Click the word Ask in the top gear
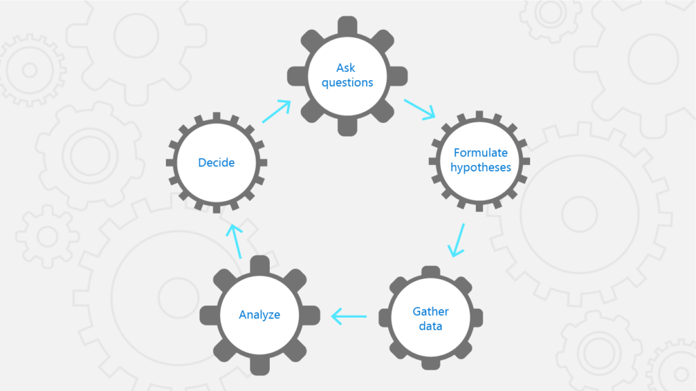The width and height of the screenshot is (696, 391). click(347, 68)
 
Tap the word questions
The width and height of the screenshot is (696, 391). click(347, 83)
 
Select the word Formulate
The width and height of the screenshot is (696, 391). click(481, 153)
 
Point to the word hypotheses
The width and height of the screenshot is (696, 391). click(481, 168)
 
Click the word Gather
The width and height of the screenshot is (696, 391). click(431, 312)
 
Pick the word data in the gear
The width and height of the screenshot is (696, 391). click(431, 327)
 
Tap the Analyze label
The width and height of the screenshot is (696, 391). click(260, 315)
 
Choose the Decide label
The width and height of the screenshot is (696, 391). click(216, 163)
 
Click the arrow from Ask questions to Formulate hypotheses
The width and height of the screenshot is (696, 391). click(419, 109)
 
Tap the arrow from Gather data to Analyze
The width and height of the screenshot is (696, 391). click(349, 316)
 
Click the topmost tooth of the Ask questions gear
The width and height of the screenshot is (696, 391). click(347, 25)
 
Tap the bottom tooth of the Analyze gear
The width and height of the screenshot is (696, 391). click(260, 367)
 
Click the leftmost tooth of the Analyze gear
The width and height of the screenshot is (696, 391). click(208, 315)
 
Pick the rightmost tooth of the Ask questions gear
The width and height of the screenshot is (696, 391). click(400, 75)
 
